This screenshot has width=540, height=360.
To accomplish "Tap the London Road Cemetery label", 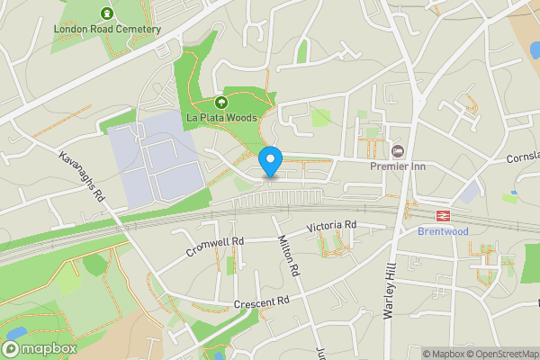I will tap(107, 29).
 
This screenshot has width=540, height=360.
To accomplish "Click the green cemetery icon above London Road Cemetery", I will tap(107, 13).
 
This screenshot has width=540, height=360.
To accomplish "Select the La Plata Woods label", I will tap(221, 118).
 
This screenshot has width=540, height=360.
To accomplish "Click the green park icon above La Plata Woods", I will tap(221, 103).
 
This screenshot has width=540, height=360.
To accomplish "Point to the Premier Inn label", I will tap(398, 166).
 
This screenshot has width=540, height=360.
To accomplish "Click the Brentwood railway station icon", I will tap(443, 215).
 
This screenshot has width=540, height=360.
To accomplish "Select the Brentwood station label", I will tap(443, 231).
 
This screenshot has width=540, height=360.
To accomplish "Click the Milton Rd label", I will tap(289, 252).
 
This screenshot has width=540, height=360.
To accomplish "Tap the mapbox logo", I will tap(39, 346).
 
